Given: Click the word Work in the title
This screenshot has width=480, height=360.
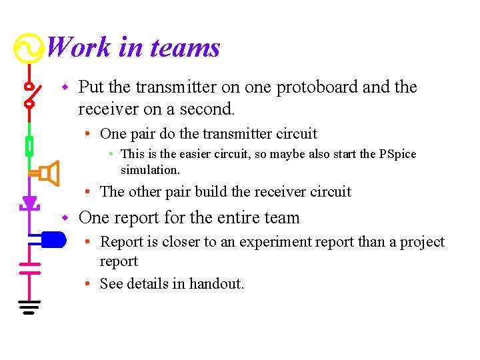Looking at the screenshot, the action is point(77,47).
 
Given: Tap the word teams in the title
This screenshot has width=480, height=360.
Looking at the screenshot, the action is point(185,47).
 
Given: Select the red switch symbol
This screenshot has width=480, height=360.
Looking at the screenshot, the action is point(29,95).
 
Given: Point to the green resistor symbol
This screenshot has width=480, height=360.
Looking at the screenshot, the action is point(29,145).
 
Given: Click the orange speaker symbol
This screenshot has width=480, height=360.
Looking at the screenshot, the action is point(48,174).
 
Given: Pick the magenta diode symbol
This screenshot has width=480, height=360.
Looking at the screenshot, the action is point(29,202).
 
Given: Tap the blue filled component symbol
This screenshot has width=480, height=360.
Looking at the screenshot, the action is point(51,238).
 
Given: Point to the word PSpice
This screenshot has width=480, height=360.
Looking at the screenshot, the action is point(397,154).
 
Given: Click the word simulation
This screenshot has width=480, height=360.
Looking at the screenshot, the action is point(150,170).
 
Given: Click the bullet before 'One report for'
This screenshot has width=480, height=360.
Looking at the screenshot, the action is point(65,218).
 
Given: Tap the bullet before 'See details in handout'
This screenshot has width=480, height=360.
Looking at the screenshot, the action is point(88,284).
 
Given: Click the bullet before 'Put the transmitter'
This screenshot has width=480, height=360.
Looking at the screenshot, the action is point(65,87).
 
